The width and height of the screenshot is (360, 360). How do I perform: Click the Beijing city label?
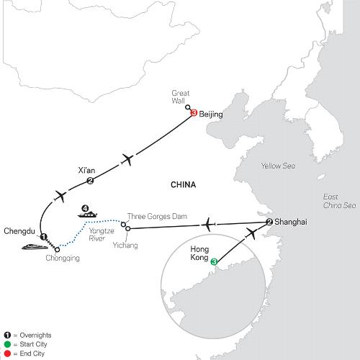tap(211, 114)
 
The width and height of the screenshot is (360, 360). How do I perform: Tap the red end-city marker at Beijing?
tap(194, 112)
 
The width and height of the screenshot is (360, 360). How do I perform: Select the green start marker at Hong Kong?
tap(214, 262)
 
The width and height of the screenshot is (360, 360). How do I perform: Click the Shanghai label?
tap(291, 222)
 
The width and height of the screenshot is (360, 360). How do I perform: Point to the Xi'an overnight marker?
tap(90, 181)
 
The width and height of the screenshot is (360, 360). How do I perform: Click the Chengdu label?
tap(19, 231)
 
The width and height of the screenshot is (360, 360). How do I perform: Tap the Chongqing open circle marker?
tap(57, 250)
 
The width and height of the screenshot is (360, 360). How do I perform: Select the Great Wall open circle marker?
tap(188, 107)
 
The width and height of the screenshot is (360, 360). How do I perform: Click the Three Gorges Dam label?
tap(157, 217)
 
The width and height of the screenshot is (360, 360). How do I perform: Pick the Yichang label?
tap(125, 246)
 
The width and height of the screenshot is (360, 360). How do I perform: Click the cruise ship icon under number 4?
tap(87, 215)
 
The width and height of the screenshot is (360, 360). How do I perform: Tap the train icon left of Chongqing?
tap(35, 247)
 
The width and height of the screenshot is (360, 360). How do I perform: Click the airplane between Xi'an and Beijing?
tap(127, 159)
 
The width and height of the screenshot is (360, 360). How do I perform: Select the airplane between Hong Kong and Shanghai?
tap(251, 233)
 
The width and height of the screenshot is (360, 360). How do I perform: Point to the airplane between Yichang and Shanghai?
tap(208, 225)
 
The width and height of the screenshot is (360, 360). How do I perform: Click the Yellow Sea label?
tap(278, 166)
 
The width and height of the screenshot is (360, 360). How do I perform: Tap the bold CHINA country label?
tap(184, 185)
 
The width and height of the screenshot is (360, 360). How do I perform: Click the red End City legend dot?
tap(7, 354)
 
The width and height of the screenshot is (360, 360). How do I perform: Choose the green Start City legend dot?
tap(7, 344)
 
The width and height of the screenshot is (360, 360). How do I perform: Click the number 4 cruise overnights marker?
tap(85, 208)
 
